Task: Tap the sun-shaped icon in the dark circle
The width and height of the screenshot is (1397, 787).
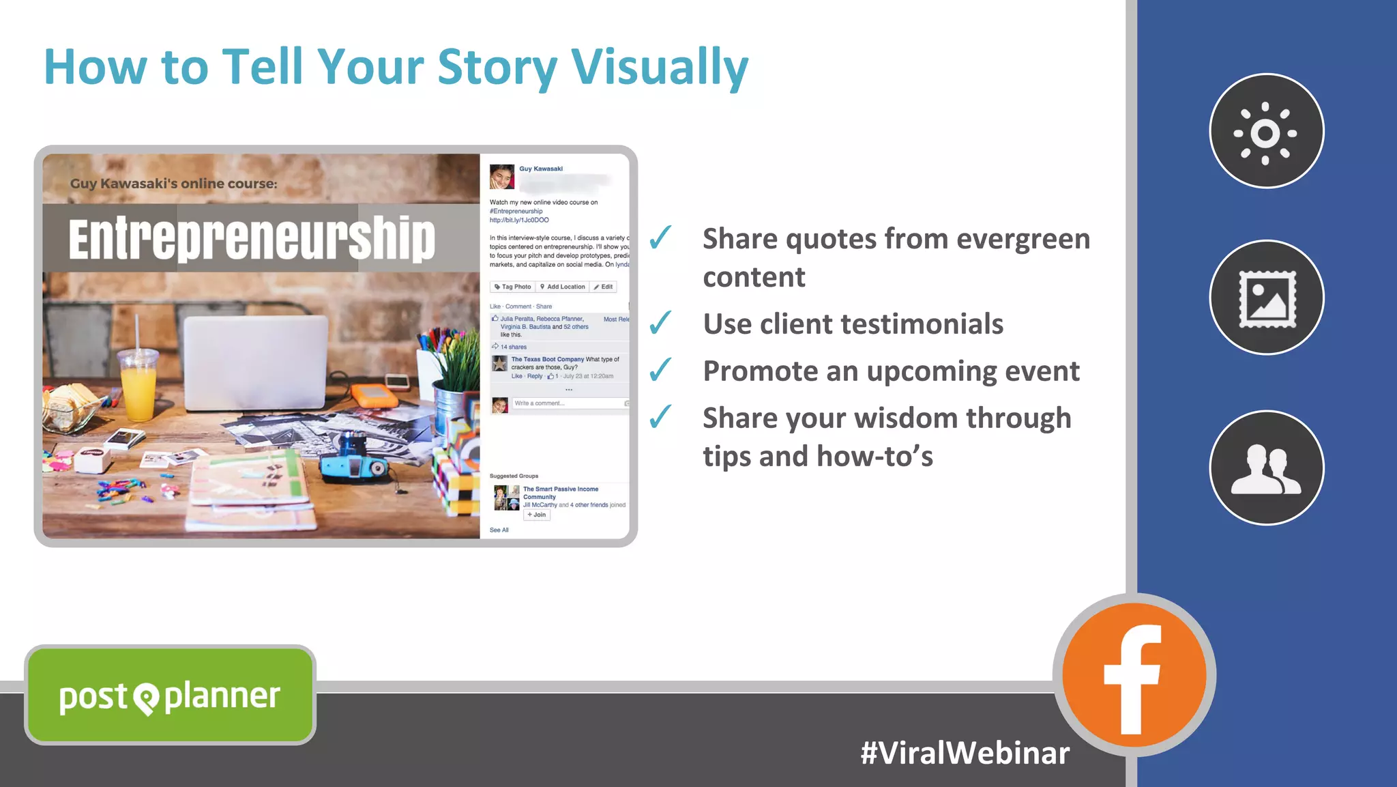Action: pyautogui.click(x=1266, y=132)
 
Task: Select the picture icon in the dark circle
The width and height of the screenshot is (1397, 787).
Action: pyautogui.click(x=1267, y=298)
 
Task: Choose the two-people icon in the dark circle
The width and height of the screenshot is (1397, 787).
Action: pyautogui.click(x=1266, y=469)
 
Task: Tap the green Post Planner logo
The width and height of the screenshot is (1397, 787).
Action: pyautogui.click(x=170, y=696)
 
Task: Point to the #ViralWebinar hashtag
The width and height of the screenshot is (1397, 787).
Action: pyautogui.click(x=965, y=753)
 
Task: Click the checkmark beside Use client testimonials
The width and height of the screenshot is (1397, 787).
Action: pyautogui.click(x=660, y=323)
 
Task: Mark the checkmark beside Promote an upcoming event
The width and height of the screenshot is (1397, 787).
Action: pyautogui.click(x=660, y=370)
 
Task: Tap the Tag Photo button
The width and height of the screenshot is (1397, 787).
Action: pyautogui.click(x=512, y=287)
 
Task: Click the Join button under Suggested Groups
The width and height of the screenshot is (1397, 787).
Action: pyautogui.click(x=536, y=515)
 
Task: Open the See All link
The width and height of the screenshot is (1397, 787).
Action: pyautogui.click(x=499, y=530)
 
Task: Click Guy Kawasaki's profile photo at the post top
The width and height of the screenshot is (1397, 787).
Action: pyautogui.click(x=501, y=176)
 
